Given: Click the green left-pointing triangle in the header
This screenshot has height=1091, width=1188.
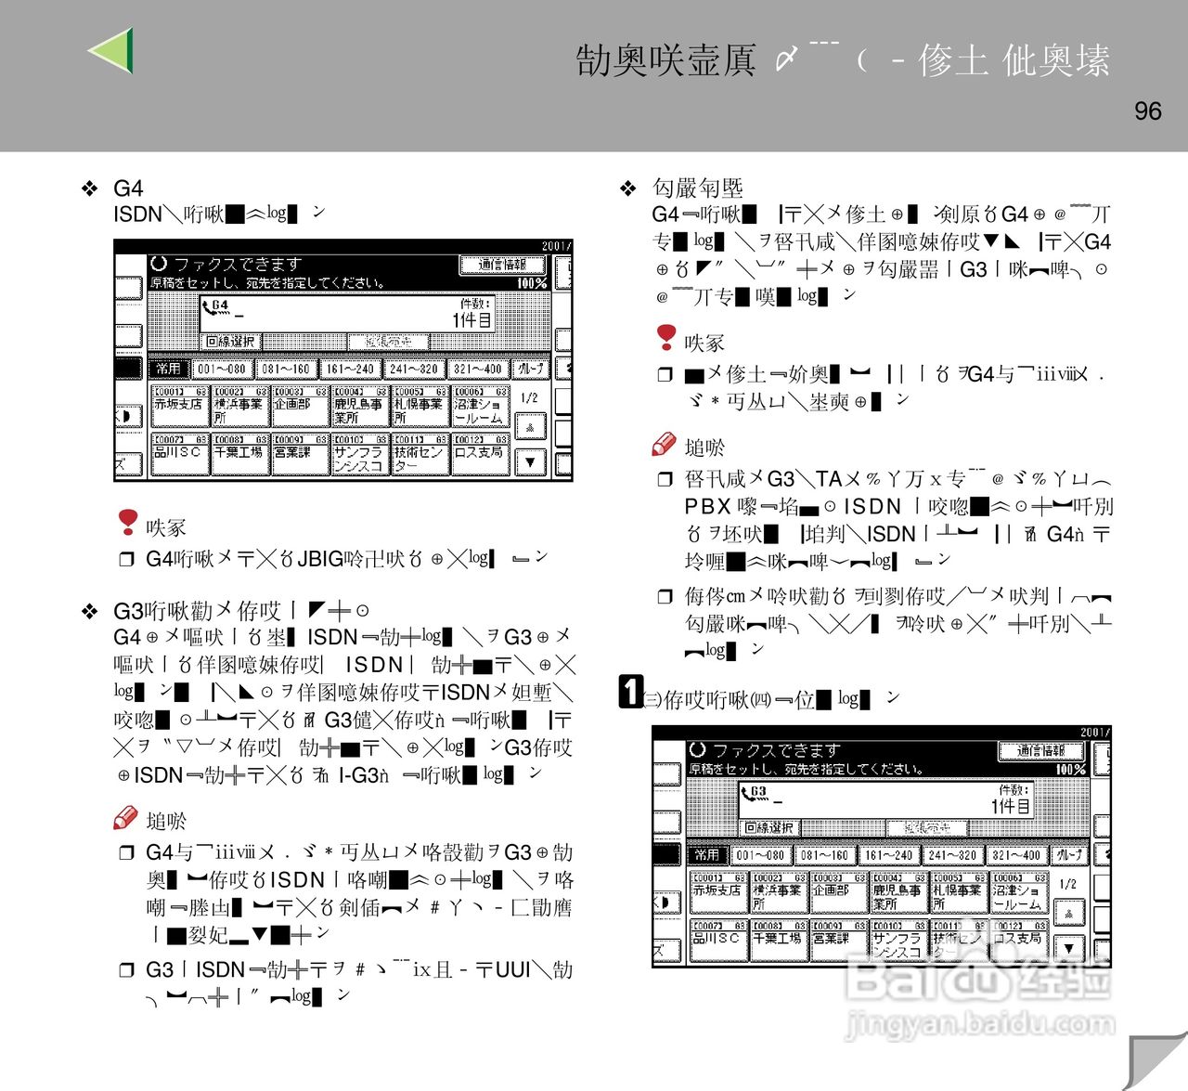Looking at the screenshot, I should coord(111,50).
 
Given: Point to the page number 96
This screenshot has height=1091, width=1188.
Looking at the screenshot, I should coord(1147,111).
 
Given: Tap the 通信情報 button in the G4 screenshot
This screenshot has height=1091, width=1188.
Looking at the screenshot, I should coord(501,265).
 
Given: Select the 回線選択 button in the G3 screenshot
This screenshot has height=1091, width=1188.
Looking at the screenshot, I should coord(769,827).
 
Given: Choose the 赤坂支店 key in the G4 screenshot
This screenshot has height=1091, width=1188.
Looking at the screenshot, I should coord(178,405).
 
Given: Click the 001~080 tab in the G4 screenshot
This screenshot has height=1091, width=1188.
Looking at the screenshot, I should coord(222,369).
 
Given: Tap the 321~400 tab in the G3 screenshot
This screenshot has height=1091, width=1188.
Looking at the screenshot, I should coord(1016,854).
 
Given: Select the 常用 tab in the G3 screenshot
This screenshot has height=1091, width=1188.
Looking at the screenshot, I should coord(706,854).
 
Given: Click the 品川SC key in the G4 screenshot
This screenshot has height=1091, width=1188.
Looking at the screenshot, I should coord(178,453).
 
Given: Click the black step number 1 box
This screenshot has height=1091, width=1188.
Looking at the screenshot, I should coord(631,692).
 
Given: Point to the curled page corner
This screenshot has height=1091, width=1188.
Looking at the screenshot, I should coord(1156,1059).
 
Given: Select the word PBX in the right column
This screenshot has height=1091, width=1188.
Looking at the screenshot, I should coord(707,507).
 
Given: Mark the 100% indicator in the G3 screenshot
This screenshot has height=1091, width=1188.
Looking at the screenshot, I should coord(1070,770).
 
